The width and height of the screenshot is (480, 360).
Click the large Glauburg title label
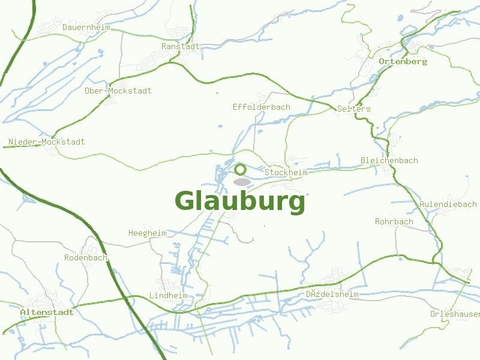240,201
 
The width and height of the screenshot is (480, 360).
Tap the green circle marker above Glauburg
241,169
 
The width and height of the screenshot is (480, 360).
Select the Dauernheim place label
86,27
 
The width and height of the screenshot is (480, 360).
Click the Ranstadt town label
181,46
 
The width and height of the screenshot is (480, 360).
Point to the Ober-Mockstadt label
118,91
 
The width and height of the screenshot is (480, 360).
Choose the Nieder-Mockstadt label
46,142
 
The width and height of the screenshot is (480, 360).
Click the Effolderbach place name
262,107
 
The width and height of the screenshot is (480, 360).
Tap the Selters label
354,109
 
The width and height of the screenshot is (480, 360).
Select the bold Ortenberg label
403,62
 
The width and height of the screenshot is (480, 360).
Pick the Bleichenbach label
389,161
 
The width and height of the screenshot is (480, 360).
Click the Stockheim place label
286,173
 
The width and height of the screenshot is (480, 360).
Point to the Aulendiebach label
448,205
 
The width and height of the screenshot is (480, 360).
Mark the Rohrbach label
394,222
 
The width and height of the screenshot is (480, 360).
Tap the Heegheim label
148,233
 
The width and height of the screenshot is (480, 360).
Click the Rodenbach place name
86,257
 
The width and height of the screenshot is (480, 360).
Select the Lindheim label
169,296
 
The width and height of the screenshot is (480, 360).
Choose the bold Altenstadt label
47,313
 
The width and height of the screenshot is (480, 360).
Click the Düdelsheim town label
332,295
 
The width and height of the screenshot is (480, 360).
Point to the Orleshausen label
455,314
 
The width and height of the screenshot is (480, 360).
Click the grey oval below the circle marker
241,181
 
